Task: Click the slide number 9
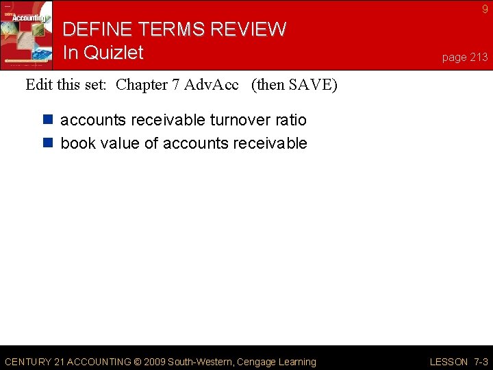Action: point(485,9)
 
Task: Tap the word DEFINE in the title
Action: point(96,29)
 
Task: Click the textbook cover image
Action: point(27,36)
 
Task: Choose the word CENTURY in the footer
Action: point(27,362)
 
